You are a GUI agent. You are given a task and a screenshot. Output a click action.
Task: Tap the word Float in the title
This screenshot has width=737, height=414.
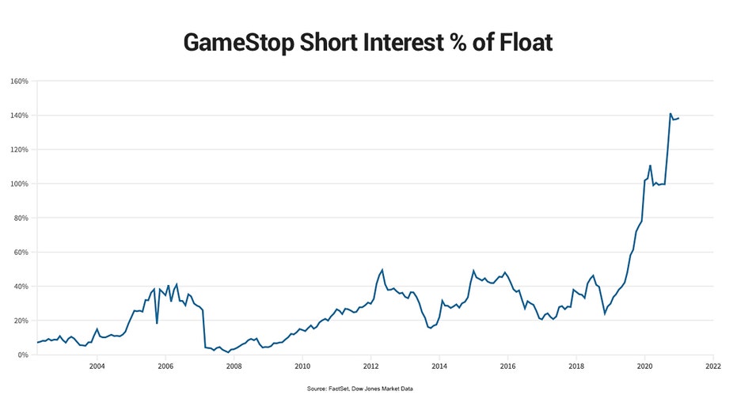[519, 42]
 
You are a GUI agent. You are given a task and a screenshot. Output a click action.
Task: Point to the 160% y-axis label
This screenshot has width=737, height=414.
[20, 82]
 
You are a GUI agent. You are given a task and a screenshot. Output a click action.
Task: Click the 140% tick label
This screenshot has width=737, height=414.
[20, 116]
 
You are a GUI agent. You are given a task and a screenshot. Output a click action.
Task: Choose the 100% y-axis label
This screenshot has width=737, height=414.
[20, 184]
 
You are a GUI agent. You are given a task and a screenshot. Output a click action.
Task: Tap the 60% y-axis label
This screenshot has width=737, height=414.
[21, 253]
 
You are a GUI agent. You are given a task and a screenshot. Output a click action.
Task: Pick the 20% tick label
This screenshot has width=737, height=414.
[21, 321]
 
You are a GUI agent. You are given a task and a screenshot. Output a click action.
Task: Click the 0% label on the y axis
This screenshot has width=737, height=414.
[24, 355]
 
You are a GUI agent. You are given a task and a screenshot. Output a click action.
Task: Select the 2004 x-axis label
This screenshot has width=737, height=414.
[97, 367]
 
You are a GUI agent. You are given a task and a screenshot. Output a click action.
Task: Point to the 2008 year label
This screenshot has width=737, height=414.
[234, 367]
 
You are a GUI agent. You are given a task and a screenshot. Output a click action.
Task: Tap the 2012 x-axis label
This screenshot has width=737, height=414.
[370, 367]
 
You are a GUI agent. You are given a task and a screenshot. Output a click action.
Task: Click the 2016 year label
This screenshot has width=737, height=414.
[507, 367]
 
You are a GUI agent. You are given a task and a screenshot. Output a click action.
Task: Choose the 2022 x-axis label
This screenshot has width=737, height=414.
[713, 367]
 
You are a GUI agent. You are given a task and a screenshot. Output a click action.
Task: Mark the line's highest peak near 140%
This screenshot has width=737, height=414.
[670, 114]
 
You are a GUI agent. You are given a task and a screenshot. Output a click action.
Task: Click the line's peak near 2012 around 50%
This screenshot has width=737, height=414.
[382, 270]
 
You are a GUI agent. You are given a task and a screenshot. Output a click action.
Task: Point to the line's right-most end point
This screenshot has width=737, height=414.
[678, 118]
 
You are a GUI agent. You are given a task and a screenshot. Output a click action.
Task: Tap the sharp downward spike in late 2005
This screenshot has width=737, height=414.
[157, 323]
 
